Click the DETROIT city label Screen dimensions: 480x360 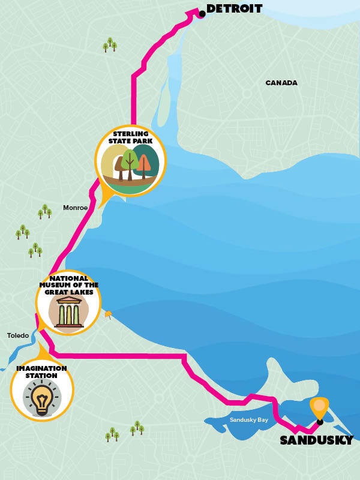point(234,9)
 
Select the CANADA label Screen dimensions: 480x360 point(281,83)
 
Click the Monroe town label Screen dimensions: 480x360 point(76,208)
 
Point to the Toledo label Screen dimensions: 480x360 point(18,335)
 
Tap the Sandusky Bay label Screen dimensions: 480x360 point(248,420)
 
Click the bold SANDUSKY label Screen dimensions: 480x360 point(317,441)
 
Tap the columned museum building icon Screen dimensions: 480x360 point(68,312)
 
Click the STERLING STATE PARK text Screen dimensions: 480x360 point(130,137)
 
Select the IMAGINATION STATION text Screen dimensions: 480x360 point(41,372)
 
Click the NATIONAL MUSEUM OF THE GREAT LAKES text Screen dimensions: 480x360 point(68,285)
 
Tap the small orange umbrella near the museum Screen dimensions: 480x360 point(108,314)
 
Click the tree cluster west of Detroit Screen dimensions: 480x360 point(110,44)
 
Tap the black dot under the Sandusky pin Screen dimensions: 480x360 point(320,422)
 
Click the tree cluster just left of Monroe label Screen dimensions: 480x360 point(44,211)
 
